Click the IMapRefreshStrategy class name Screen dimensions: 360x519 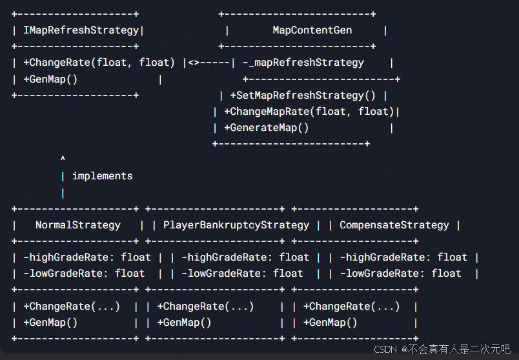click(81, 30)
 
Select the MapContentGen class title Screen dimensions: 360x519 click(312, 30)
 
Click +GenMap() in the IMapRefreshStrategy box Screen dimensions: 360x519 click(50, 79)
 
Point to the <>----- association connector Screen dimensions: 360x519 click(209, 63)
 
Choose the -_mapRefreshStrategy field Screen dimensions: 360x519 click(303, 63)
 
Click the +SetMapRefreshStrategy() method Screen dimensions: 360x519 click(303, 95)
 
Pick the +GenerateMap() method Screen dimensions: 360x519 click(266, 128)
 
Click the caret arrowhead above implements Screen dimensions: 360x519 click(63, 159)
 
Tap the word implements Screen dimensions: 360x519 click(102, 175)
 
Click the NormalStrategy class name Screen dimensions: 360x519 click(77, 225)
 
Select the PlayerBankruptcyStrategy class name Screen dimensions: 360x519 click(236, 225)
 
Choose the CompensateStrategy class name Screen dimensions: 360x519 click(394, 225)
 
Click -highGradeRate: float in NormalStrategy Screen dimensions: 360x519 click(86, 257)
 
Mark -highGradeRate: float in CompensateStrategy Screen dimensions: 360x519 click(403, 257)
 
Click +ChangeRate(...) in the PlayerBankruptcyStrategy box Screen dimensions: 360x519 click(205, 306)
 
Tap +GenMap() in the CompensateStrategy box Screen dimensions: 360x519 click(330, 323)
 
